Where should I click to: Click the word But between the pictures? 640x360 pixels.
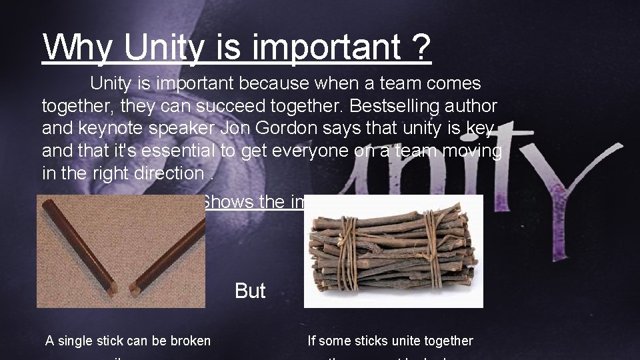coord(250,291)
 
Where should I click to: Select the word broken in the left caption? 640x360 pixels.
coord(188,341)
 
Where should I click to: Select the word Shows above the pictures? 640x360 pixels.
coord(227,201)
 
